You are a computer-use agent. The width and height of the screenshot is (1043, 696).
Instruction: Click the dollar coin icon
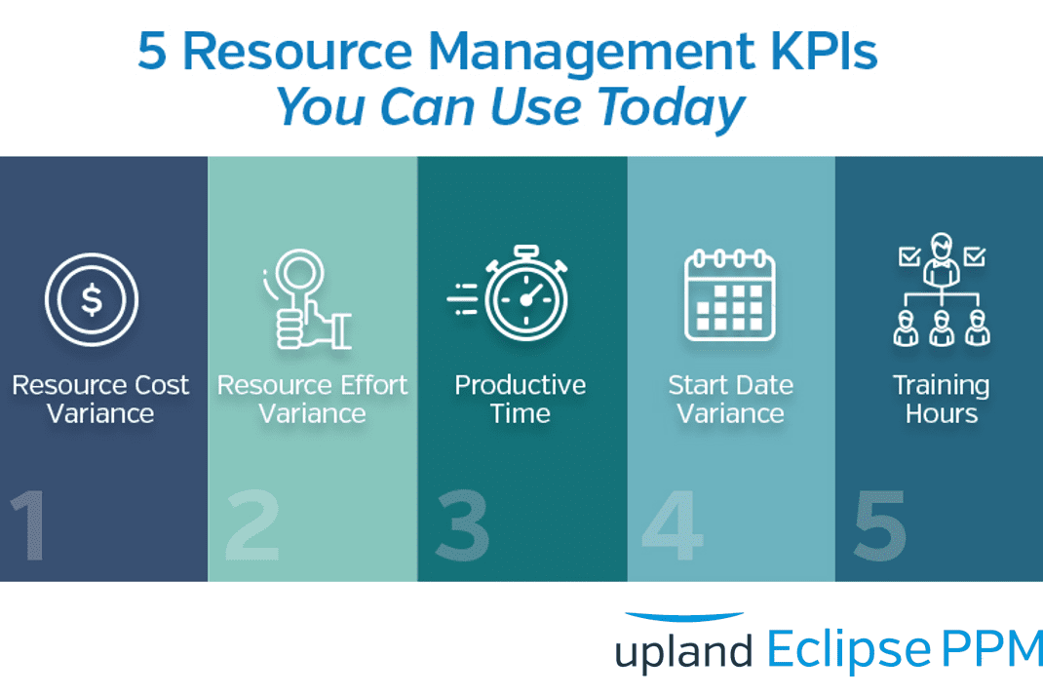[x=92, y=299]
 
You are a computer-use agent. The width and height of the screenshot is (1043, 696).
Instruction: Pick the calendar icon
[x=729, y=294]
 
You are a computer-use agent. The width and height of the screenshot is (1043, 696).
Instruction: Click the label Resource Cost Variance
[x=100, y=399]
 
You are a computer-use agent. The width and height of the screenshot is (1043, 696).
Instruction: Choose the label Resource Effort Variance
[x=312, y=399]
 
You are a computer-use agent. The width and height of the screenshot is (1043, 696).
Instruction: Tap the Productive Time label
[x=521, y=399]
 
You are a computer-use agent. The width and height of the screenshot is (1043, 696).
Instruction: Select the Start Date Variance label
[x=730, y=399]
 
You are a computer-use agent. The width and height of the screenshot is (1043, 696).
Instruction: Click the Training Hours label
[x=941, y=399]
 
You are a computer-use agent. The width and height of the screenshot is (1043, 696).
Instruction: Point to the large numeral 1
[x=30, y=526]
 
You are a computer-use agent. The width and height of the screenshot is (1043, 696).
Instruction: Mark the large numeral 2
[x=251, y=526]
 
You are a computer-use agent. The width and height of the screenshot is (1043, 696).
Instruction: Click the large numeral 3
[x=462, y=526]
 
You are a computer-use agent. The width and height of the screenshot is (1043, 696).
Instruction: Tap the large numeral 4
[x=673, y=526]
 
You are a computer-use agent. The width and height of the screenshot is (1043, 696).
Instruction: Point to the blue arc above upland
[x=683, y=617]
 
